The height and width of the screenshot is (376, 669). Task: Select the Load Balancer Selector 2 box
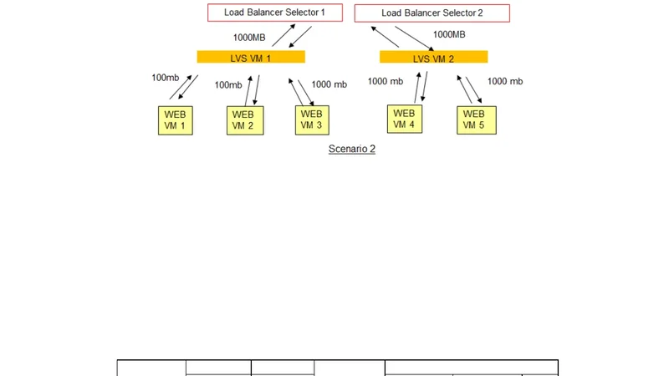432,13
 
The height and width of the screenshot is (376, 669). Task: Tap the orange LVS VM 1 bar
251,58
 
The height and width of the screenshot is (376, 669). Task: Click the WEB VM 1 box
176,120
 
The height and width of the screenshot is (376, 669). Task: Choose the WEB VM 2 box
243,120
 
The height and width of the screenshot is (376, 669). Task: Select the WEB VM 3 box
311,119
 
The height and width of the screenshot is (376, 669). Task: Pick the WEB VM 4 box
404,119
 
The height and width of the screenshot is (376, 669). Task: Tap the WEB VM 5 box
473,119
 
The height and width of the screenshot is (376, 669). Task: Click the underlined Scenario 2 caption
351,149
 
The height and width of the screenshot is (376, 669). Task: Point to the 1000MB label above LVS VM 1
250,38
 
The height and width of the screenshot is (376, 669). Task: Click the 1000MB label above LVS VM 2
449,34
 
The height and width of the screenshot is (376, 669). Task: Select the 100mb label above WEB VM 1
166,78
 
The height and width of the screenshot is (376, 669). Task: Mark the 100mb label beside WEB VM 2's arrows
228,84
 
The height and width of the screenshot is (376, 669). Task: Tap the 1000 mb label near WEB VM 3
329,84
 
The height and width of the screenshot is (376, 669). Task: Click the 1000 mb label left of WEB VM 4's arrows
385,81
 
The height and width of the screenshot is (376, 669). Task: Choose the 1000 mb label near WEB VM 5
505,81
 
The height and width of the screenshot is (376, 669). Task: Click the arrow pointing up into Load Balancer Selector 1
283,35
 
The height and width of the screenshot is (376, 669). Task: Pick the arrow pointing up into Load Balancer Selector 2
385,38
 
